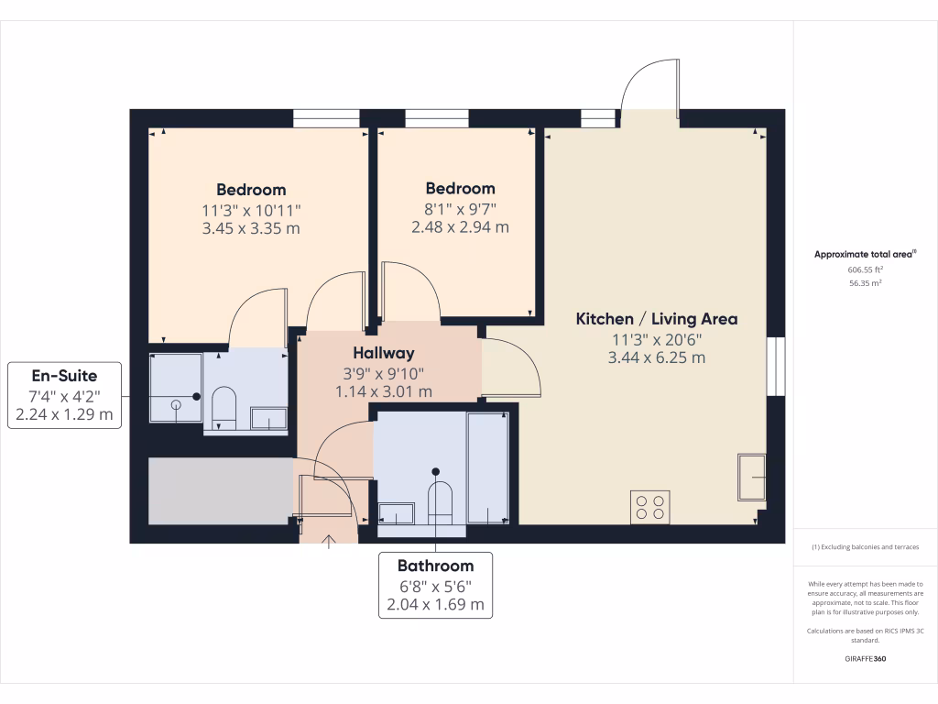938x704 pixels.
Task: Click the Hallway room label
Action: [384, 353]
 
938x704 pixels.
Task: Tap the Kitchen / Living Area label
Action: [656, 319]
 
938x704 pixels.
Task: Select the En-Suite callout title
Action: [64, 375]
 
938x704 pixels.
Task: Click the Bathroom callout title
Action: [435, 566]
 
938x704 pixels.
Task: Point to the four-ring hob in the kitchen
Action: [649, 507]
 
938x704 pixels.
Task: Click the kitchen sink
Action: [752, 477]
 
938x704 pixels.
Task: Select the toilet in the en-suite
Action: [224, 407]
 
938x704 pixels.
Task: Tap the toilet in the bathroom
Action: [441, 502]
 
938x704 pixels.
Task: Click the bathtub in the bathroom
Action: [487, 467]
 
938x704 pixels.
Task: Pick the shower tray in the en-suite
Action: [175, 387]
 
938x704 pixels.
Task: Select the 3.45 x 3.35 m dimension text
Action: [251, 228]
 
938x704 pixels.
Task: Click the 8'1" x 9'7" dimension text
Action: [459, 208]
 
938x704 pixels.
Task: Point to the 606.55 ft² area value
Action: [865, 270]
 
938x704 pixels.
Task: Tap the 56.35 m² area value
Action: [865, 284]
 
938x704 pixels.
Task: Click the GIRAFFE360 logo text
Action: [865, 658]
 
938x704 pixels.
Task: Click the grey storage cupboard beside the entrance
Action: [220, 490]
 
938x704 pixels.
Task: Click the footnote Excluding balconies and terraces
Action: [865, 547]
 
